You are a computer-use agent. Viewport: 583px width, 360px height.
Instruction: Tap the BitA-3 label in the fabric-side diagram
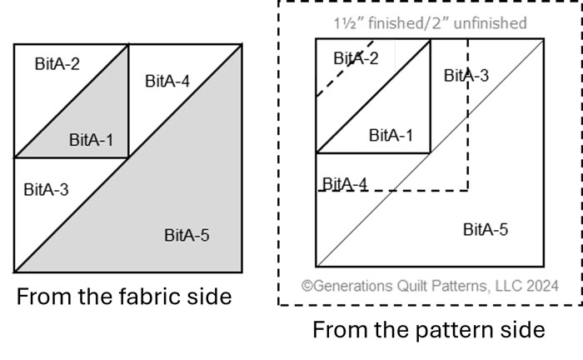tap(46, 189)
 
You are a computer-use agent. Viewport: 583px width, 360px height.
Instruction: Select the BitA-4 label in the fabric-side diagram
tap(167, 81)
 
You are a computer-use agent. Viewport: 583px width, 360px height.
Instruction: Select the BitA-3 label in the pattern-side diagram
tap(466, 76)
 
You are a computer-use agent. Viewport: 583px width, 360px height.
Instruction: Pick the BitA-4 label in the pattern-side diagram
tap(344, 183)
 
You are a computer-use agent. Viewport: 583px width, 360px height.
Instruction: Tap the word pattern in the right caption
tap(421, 330)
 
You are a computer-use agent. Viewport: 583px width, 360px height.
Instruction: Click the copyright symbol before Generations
tap(307, 286)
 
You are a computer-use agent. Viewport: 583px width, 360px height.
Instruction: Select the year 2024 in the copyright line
tap(542, 286)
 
